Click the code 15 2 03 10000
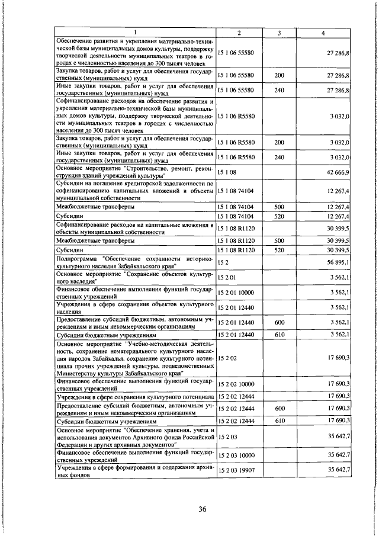tap(236, 454)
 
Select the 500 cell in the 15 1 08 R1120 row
tap(280, 240)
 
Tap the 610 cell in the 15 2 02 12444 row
tap(280, 420)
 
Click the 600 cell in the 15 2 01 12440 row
tap(280, 323)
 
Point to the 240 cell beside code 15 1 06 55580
tap(280, 90)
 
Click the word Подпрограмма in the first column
tap(77, 259)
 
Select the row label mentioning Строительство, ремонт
tap(134, 171)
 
